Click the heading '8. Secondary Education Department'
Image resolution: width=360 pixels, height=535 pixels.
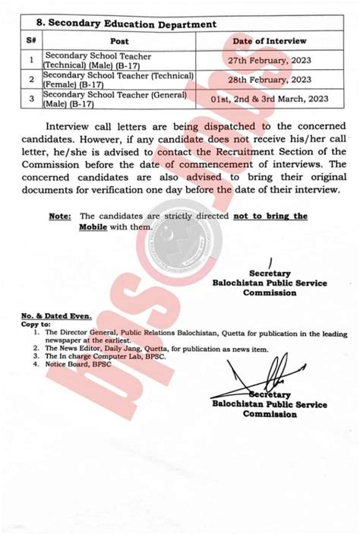tap(129, 24)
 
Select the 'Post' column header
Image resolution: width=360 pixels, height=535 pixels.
tap(119, 40)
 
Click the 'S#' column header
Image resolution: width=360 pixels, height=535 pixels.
tap(31, 40)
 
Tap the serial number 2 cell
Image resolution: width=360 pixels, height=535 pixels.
tap(31, 79)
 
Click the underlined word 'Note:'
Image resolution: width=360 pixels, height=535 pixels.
tap(60, 217)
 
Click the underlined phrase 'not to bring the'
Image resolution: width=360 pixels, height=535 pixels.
tap(270, 217)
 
